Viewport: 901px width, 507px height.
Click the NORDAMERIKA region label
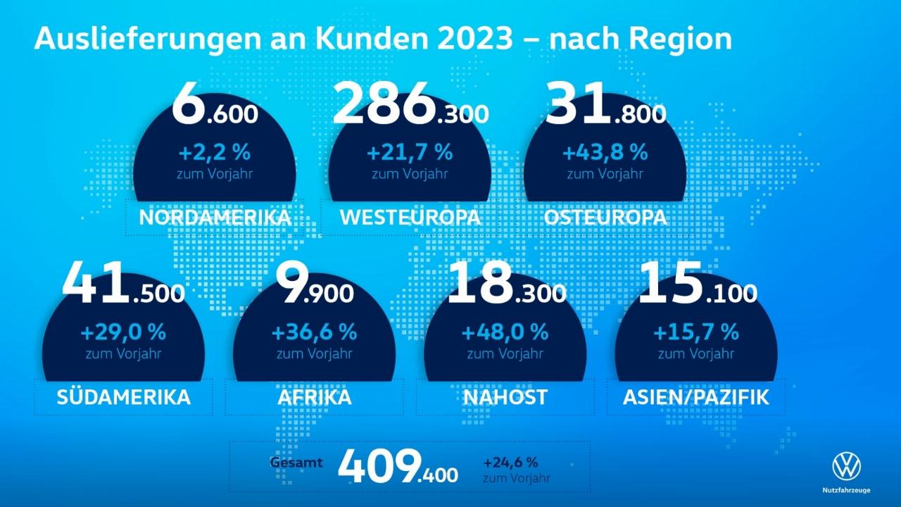pyautogui.click(x=215, y=217)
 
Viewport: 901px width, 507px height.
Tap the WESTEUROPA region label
pyautogui.click(x=410, y=217)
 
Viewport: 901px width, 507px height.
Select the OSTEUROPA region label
pyautogui.click(x=605, y=217)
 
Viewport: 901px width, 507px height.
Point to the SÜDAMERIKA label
pyautogui.click(x=123, y=397)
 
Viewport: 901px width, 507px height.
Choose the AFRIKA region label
pyautogui.click(x=314, y=397)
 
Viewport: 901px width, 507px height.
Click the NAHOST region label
pyautogui.click(x=505, y=397)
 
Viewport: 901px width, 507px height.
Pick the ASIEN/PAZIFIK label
pyautogui.click(x=695, y=397)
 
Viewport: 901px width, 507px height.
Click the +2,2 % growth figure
pyautogui.click(x=215, y=151)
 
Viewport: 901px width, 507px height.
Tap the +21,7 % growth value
pyautogui.click(x=410, y=151)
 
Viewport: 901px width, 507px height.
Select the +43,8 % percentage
pyautogui.click(x=605, y=151)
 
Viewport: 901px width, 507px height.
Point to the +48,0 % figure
pyautogui.click(x=505, y=331)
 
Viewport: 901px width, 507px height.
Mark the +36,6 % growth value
pyautogui.click(x=314, y=331)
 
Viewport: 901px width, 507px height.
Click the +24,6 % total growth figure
pyautogui.click(x=510, y=463)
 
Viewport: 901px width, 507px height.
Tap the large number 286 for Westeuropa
pyautogui.click(x=384, y=104)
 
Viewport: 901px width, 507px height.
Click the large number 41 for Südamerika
pyautogui.click(x=95, y=284)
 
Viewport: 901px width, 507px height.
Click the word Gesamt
pyautogui.click(x=296, y=463)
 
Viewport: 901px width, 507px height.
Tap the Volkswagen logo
pyautogui.click(x=846, y=466)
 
